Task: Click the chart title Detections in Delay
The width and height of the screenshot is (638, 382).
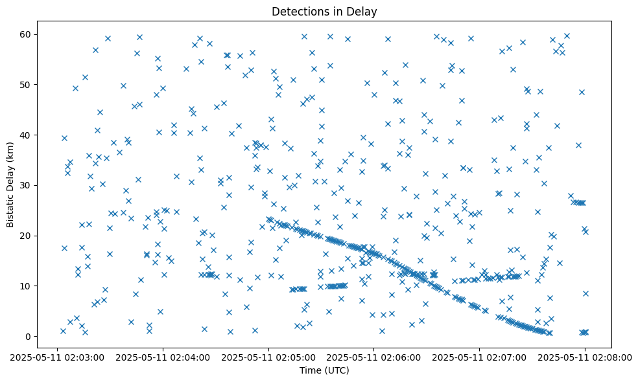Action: (324, 11)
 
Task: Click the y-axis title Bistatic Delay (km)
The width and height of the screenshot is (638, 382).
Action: (10, 175)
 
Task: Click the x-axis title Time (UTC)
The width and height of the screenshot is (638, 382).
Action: (324, 370)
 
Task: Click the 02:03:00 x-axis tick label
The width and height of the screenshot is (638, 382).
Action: (58, 357)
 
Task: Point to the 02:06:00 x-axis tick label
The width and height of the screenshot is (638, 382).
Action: (374, 357)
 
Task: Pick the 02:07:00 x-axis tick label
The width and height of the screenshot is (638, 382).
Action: (480, 357)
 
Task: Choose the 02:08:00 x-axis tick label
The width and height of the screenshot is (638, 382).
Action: (585, 357)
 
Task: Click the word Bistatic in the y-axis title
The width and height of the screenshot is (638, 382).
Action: (10, 207)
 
